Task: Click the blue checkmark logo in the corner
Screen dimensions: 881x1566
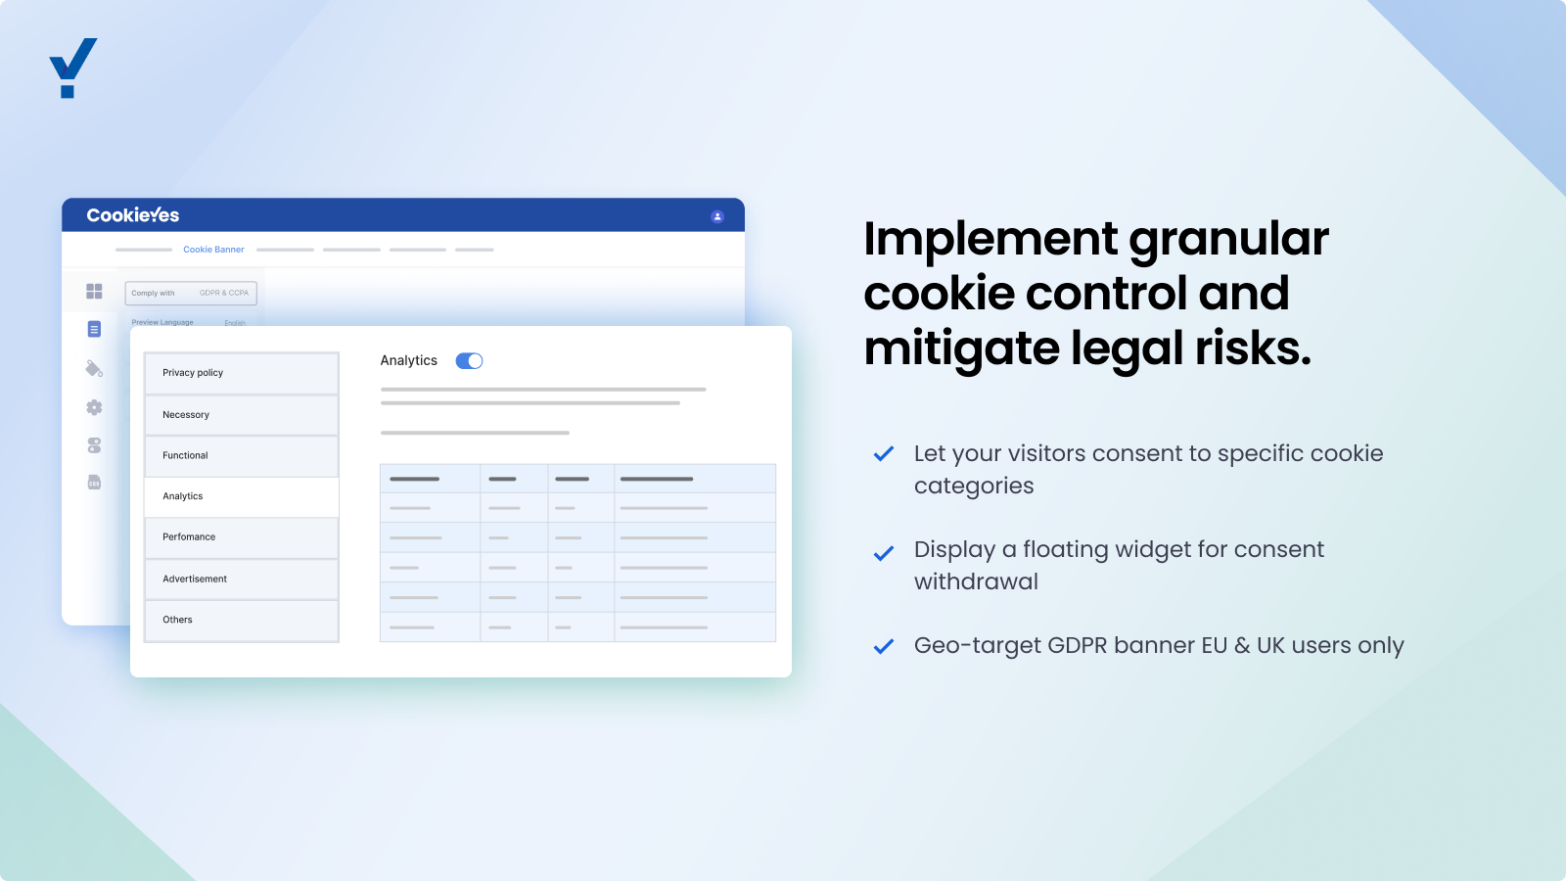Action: tap(72, 67)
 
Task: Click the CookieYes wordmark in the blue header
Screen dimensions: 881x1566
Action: tap(133, 215)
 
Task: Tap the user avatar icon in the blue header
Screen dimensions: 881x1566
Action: tap(717, 216)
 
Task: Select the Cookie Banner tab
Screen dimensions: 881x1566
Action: tap(213, 250)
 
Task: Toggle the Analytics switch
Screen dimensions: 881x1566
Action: tap(469, 361)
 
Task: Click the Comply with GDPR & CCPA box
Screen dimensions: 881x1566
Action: tap(191, 293)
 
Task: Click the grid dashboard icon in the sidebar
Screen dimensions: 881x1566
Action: tap(94, 292)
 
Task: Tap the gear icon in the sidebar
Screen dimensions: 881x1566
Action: tap(94, 407)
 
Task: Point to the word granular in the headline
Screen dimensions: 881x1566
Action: tap(1228, 240)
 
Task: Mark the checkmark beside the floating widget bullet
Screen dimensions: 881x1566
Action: tap(884, 553)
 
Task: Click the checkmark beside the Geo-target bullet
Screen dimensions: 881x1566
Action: tap(884, 646)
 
